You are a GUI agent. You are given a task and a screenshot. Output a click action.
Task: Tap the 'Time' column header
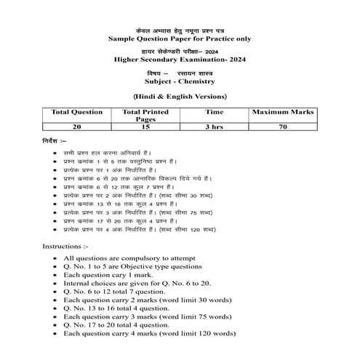coord(214,113)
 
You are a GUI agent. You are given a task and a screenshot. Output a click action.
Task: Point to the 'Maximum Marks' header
coord(280,113)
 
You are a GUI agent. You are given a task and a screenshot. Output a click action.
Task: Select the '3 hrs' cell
coord(214,127)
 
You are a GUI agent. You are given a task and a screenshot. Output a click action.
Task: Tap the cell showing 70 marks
coord(280,127)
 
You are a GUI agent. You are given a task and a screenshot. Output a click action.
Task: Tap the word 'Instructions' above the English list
coord(68,246)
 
